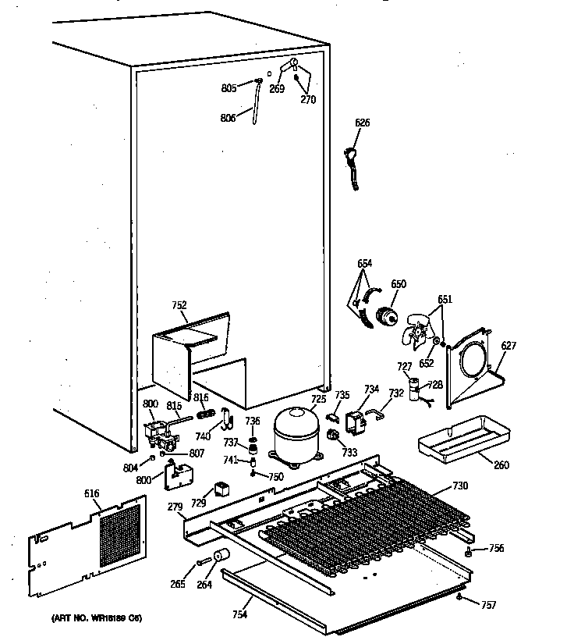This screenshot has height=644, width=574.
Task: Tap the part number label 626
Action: coord(363,123)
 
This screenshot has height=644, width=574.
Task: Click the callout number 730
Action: coord(460,486)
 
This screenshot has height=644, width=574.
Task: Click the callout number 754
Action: coord(239,615)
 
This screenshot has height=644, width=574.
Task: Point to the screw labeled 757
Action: coord(462,598)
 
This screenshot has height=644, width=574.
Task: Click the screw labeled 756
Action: coord(468,552)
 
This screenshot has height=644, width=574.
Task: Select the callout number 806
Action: coord(229,119)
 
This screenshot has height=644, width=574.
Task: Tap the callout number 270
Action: coord(308,99)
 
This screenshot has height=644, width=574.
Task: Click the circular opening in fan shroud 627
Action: coord(471,362)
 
